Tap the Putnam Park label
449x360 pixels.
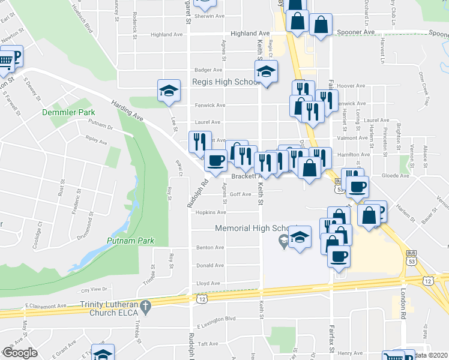pos(131,241)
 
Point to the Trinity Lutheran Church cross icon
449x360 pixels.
pos(145,308)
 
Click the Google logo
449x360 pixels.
pos(20,353)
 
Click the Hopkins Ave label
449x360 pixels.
pos(214,212)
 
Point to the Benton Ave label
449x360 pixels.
pos(212,247)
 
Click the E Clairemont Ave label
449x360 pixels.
pos(46,306)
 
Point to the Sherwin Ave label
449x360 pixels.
pos(212,17)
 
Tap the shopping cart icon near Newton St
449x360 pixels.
pos(5,61)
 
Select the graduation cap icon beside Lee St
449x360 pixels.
pos(169,92)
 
